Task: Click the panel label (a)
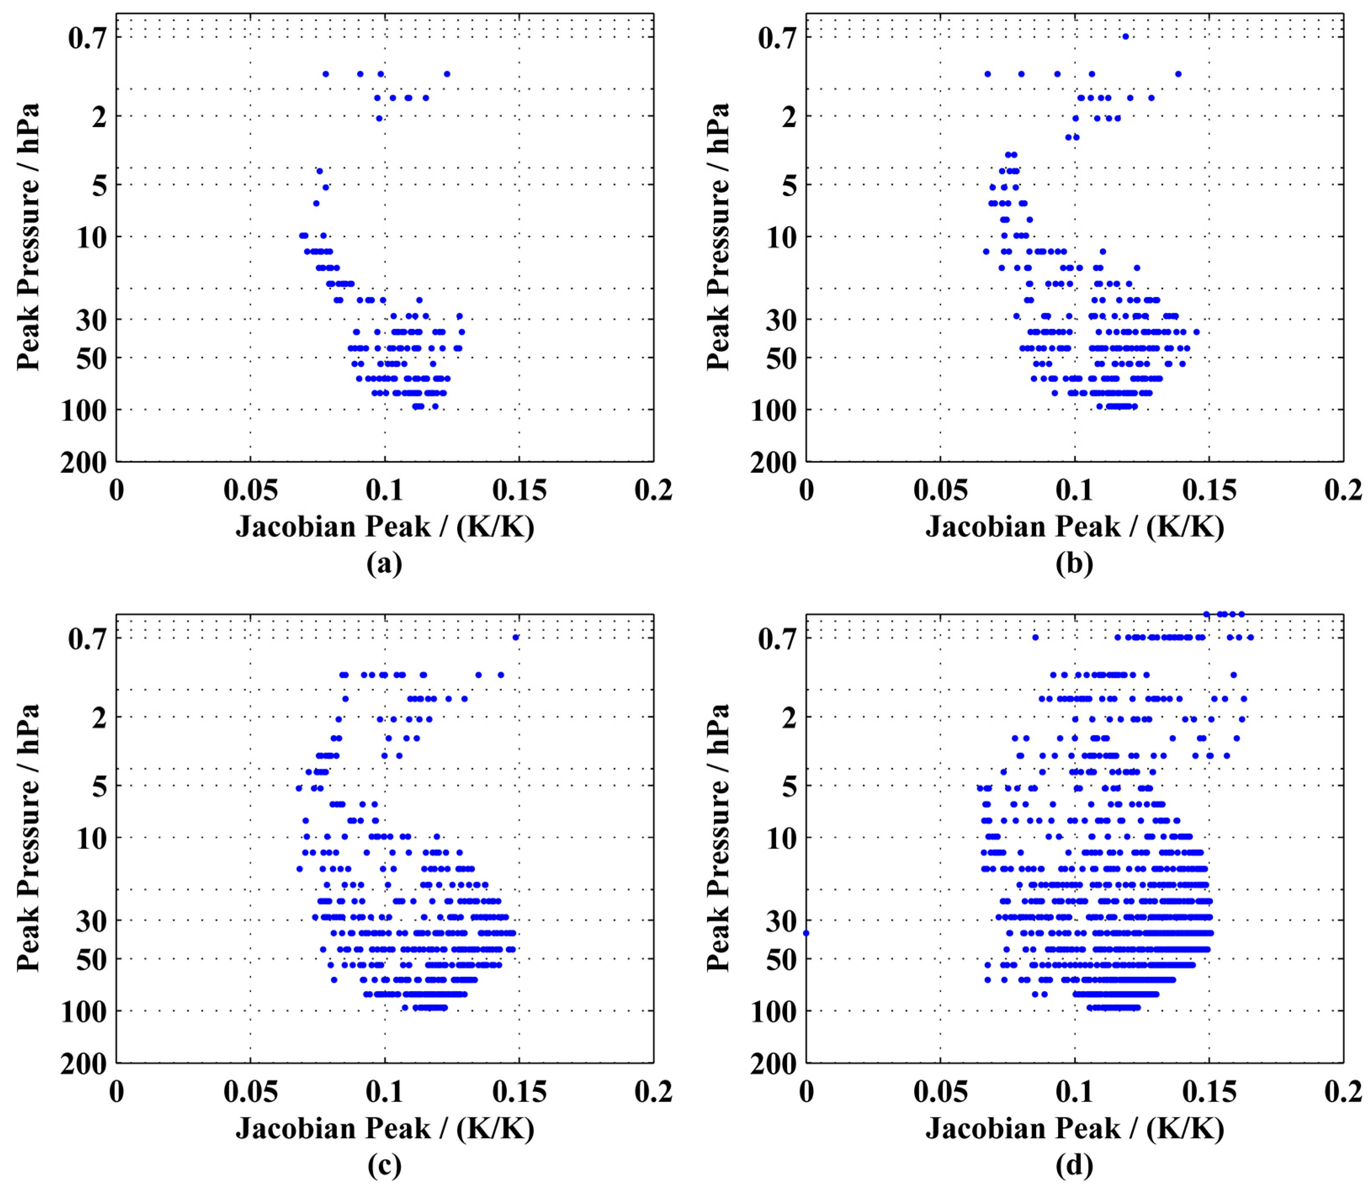pyautogui.click(x=384, y=564)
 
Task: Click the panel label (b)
pyautogui.click(x=1074, y=564)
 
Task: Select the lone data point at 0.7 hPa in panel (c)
pyautogui.click(x=515, y=638)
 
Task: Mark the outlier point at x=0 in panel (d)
pyautogui.click(x=806, y=933)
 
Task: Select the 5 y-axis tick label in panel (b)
pyautogui.click(x=789, y=186)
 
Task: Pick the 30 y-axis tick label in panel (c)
pyautogui.click(x=91, y=921)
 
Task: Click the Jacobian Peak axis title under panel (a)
pyautogui.click(x=385, y=528)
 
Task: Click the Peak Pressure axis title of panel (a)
pyautogui.click(x=28, y=237)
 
